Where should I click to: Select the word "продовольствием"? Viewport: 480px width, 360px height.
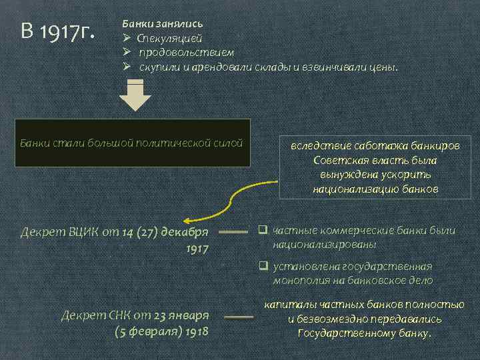pyautogui.click(x=187, y=52)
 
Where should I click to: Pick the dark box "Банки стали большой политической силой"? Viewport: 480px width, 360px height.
pyautogui.click(x=132, y=143)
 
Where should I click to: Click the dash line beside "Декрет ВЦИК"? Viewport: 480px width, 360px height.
pyautogui.click(x=234, y=233)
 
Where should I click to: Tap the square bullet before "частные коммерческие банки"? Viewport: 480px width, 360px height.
pyautogui.click(x=263, y=231)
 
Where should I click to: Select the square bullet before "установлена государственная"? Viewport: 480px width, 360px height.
pyautogui.click(x=263, y=267)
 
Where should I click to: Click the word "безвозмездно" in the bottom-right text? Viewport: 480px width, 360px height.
pyautogui.click(x=335, y=319)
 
